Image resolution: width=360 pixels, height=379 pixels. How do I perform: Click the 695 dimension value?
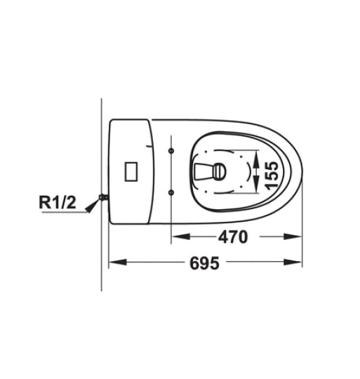[204, 263]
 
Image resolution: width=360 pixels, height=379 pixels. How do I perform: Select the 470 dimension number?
[233, 237]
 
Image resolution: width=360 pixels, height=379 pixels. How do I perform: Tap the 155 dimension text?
[271, 175]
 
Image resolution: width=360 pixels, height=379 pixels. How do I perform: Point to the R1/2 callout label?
[58, 202]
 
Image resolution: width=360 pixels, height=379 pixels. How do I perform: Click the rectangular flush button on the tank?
[131, 171]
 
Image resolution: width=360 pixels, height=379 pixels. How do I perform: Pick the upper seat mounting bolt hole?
[171, 151]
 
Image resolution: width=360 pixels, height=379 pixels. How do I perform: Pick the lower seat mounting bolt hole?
[171, 192]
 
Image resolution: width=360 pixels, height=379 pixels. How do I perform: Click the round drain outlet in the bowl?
[220, 171]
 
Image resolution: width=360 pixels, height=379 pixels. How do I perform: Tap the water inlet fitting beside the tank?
[104, 197]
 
